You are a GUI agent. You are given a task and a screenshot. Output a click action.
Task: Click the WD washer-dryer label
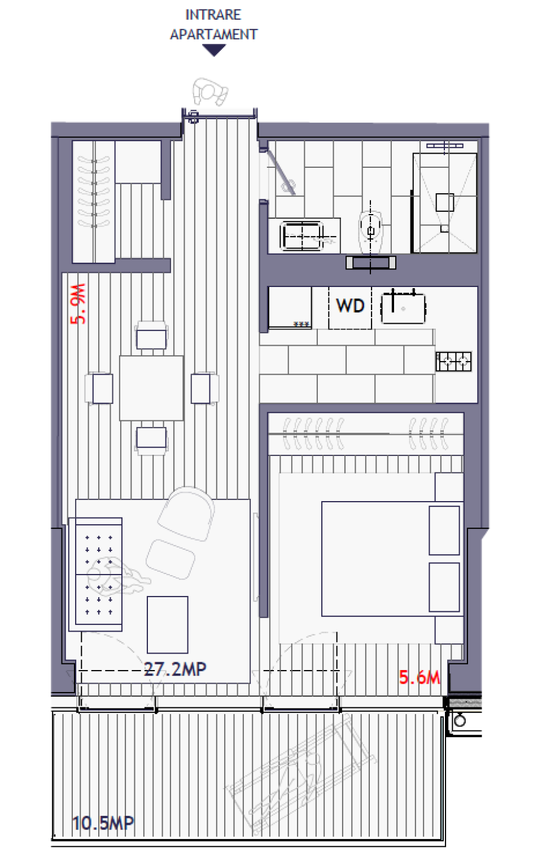point(350,306)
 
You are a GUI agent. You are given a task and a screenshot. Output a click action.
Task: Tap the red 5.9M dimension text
point(78,303)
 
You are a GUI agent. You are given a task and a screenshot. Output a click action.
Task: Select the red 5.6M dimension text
point(419,677)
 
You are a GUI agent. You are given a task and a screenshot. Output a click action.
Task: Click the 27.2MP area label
point(175,669)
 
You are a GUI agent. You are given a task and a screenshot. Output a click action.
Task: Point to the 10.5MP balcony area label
point(103,823)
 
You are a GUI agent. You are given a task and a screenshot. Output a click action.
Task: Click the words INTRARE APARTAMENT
point(213,24)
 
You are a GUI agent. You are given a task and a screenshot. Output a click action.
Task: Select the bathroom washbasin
point(303,235)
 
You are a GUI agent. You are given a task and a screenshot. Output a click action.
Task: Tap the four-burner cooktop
point(453,360)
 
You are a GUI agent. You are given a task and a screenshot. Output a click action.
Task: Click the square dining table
point(151,388)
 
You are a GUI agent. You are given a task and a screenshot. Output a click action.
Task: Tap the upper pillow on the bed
point(444,530)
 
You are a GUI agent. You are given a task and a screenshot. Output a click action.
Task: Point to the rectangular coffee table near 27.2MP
point(167,624)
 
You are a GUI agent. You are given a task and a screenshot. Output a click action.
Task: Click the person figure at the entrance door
point(210,92)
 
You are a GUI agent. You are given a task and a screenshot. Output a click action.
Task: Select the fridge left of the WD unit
point(290,307)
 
